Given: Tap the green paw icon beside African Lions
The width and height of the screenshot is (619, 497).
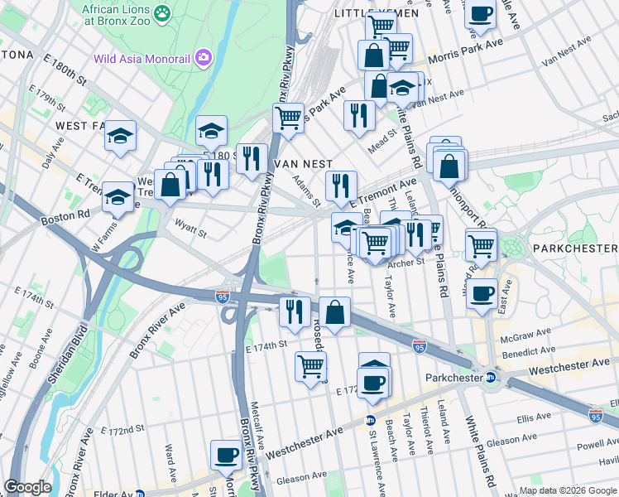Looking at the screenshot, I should coord(162,12).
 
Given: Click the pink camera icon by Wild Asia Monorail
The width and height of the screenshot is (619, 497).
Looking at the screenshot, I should coord(201,58).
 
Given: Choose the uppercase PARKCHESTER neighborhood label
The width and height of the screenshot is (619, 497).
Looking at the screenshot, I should coord(574,248).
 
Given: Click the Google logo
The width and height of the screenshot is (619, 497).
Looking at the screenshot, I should coord(27,487).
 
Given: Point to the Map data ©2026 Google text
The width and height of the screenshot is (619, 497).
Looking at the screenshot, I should coord(567,490).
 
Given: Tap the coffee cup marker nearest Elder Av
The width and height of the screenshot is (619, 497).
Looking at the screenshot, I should coord(226,454).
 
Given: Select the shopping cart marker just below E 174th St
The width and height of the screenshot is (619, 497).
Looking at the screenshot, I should coord(310,364).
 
